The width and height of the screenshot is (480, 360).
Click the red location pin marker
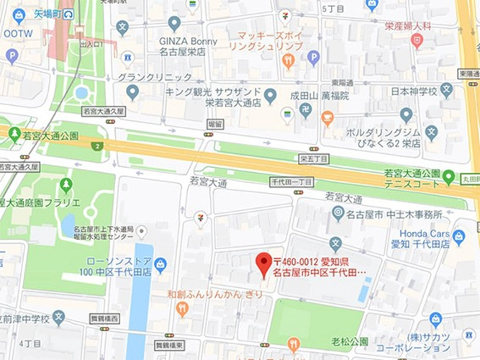pyautogui.click(x=264, y=264)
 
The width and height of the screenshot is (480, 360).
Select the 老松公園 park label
pyautogui.click(x=350, y=341)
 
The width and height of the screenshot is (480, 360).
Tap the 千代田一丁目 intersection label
pyautogui.click(x=291, y=182)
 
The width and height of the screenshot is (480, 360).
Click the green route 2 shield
pyautogui.click(x=97, y=146)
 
